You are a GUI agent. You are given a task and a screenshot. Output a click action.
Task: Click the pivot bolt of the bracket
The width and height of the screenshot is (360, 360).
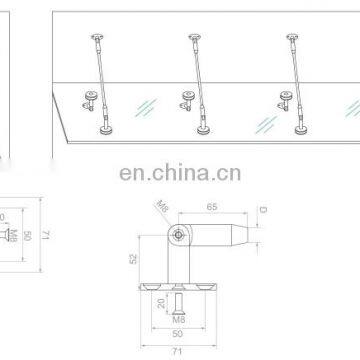(x=178, y=235)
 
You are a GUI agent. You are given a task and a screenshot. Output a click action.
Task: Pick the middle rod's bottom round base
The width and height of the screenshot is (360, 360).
(x=205, y=129)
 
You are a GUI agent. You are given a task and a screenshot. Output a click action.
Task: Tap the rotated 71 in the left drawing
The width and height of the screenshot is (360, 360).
(x=46, y=235)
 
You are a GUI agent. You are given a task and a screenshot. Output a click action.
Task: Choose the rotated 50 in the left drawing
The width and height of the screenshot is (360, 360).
(x=29, y=235)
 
